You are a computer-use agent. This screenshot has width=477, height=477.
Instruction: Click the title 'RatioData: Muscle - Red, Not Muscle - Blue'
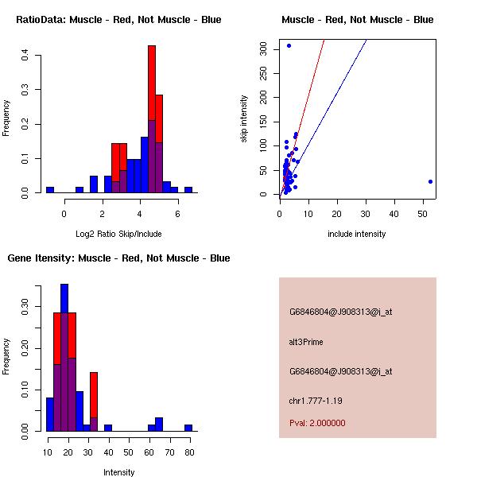[x=118, y=20]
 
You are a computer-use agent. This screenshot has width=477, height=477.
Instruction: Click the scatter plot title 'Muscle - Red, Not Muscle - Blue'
[x=358, y=20]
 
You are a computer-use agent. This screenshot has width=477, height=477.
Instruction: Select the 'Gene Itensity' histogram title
[x=118, y=258]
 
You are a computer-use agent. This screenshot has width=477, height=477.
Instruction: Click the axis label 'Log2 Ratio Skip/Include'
[x=118, y=234]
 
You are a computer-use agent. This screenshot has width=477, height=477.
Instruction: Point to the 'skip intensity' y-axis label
[x=244, y=119]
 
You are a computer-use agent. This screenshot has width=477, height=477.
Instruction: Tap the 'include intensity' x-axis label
[x=357, y=234]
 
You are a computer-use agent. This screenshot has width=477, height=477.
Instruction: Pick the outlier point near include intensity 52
[x=430, y=181]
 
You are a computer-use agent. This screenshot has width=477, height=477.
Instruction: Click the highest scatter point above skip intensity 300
[x=289, y=45]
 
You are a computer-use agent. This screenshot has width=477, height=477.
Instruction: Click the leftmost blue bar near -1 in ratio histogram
[x=50, y=190]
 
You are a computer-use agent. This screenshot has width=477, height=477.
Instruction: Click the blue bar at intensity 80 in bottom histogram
[x=188, y=428]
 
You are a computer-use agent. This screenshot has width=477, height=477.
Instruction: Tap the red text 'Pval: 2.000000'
[x=317, y=423]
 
